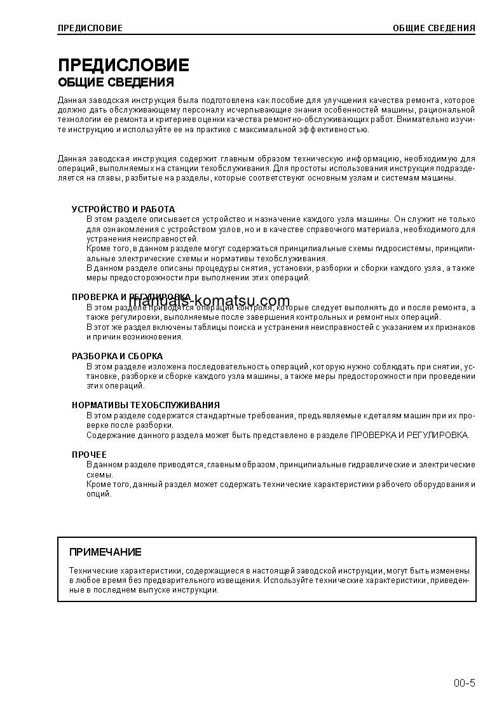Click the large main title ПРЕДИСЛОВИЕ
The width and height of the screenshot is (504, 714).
click(x=123, y=65)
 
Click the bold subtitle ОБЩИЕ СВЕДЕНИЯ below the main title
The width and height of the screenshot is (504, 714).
click(x=116, y=83)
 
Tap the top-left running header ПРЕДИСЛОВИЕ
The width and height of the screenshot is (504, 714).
click(x=90, y=28)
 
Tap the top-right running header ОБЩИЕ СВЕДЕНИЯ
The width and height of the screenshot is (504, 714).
click(x=434, y=28)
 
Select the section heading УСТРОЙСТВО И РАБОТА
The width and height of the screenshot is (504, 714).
click(x=123, y=209)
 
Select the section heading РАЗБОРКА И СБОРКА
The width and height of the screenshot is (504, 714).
click(x=117, y=356)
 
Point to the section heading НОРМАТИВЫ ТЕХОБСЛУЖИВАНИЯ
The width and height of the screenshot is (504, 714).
click(x=146, y=405)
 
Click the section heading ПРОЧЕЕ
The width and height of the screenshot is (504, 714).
click(x=89, y=455)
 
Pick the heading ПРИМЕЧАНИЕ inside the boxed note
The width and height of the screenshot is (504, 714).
click(x=106, y=552)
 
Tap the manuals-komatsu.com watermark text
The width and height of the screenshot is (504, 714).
click(x=210, y=301)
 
